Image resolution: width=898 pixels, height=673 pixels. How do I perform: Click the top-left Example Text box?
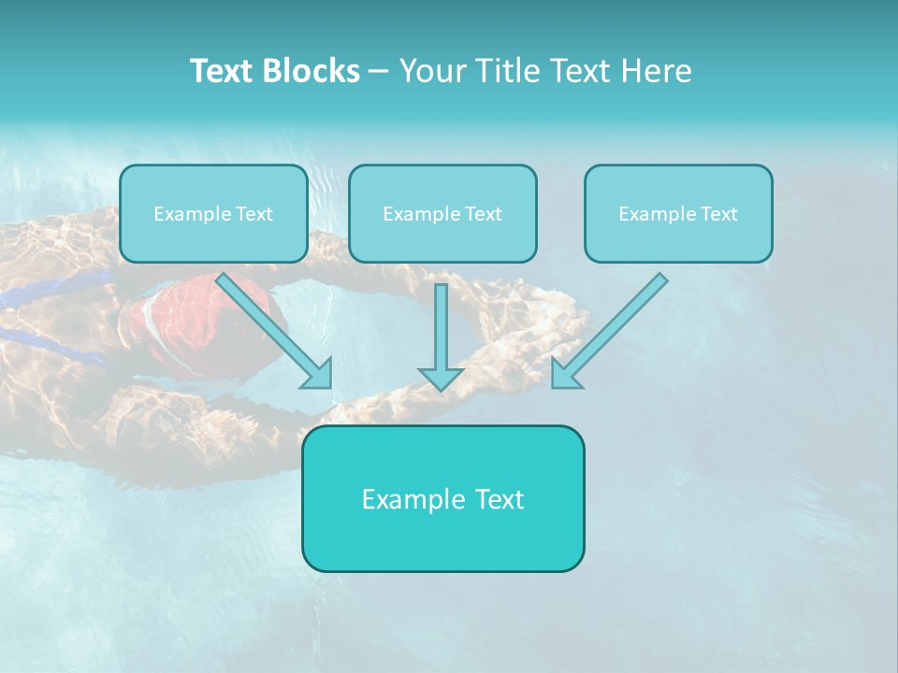pos(213,214)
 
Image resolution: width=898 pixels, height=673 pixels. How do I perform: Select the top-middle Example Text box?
pos(442,214)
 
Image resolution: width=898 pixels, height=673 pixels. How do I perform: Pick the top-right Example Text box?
pos(678,214)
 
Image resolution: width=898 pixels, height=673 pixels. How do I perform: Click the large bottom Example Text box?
pos(442,498)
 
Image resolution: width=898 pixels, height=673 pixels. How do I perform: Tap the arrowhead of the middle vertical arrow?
pos(441,379)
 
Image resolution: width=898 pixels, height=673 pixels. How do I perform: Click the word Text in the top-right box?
pos(718,214)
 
